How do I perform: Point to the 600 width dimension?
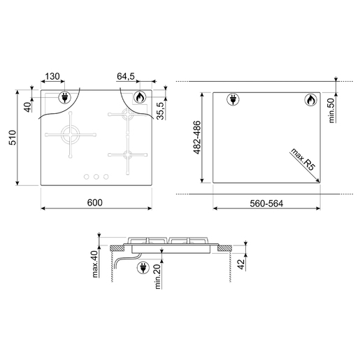[x=95, y=203]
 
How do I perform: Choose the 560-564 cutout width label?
[x=266, y=203]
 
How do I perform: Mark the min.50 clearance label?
[x=333, y=110]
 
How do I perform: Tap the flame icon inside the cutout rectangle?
[x=310, y=101]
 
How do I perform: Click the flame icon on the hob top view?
[x=140, y=98]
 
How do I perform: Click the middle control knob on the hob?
[x=95, y=177]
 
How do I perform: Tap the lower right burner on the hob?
[x=128, y=154]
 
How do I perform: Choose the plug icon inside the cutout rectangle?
[x=232, y=101]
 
